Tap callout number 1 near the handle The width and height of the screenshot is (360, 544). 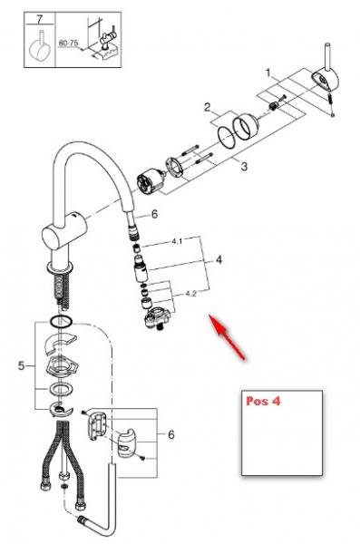tap(268, 71)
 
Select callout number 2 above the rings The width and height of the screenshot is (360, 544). tap(208, 107)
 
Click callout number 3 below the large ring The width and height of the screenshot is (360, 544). tap(243, 167)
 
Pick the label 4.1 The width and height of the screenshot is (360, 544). tap(177, 242)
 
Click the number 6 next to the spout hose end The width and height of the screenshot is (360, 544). tap(154, 214)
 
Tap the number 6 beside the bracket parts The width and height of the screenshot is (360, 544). tap(170, 435)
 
